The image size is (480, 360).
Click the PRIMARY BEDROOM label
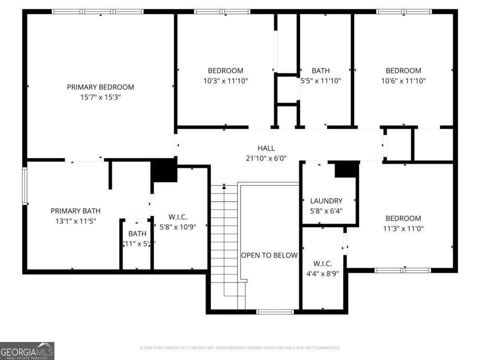[x=100, y=87]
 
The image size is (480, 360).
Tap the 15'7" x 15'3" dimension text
[x=100, y=97]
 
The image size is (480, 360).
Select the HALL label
[x=266, y=148]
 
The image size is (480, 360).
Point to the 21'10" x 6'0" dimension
[x=266, y=158]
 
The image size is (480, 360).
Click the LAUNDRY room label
[x=326, y=201]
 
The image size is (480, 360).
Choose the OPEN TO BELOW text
[x=269, y=255]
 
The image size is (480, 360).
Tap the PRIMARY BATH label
[x=76, y=211]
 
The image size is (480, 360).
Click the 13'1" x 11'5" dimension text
[x=76, y=220]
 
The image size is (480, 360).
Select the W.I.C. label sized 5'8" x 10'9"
[x=178, y=217]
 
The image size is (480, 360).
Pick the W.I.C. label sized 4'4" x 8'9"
[x=322, y=264]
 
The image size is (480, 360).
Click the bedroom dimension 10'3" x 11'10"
[x=226, y=81]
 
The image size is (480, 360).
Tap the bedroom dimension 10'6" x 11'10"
[x=403, y=81]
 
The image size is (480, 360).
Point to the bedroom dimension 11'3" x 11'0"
[x=403, y=228]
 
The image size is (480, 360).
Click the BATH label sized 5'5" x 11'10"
[x=321, y=71]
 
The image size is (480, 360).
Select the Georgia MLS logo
[x=27, y=351]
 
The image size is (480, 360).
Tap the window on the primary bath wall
[x=25, y=186]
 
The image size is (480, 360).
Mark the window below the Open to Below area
[x=275, y=312]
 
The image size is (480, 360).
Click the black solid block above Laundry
[x=346, y=169]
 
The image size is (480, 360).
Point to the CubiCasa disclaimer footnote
[x=240, y=348]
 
